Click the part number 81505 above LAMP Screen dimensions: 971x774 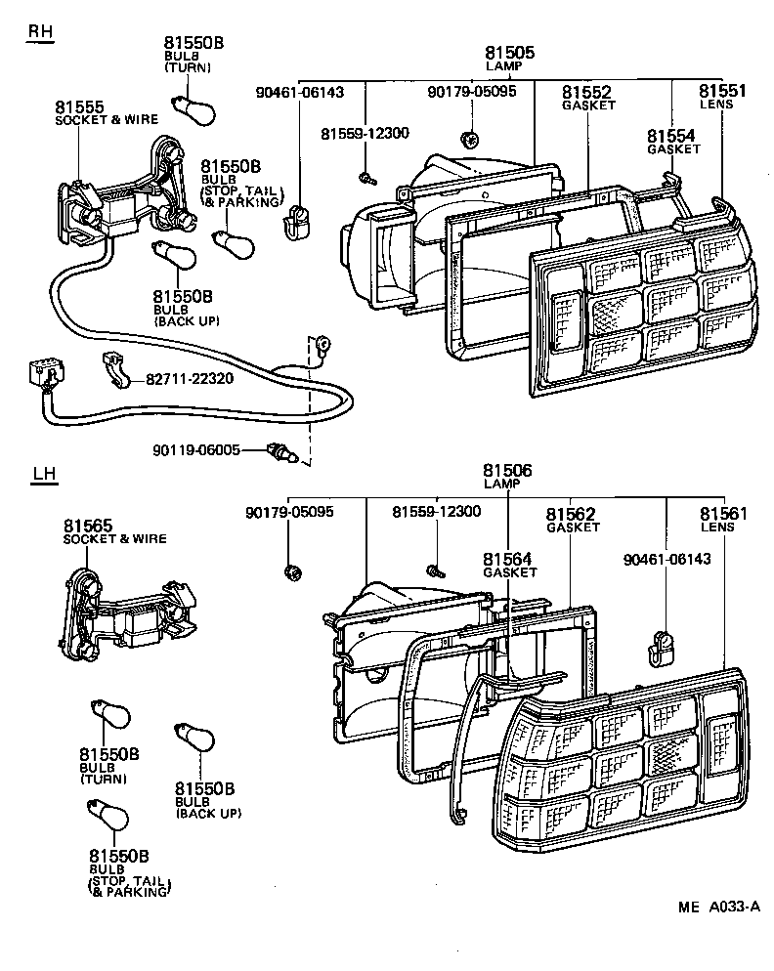(509, 54)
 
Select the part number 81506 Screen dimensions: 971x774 (508, 471)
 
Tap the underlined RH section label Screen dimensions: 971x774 (40, 31)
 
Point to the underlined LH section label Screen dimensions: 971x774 (44, 475)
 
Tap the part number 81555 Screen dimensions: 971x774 (79, 107)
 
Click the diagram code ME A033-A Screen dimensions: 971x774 (718, 907)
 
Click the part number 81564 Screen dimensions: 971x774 (507, 559)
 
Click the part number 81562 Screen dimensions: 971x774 (571, 514)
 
